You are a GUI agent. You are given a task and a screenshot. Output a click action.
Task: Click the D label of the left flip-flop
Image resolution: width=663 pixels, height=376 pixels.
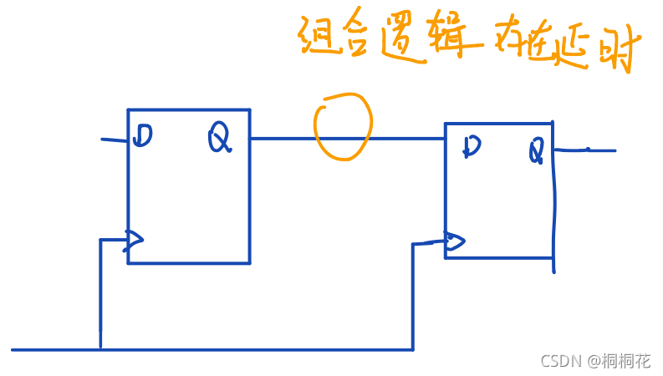pyautogui.click(x=143, y=135)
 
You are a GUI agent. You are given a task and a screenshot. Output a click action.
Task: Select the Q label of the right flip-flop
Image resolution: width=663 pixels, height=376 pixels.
pyautogui.click(x=536, y=151)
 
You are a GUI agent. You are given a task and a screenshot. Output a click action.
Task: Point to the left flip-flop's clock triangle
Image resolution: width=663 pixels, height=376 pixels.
pyautogui.click(x=133, y=241)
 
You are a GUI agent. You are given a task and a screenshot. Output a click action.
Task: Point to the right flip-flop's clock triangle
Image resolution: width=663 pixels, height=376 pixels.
pyautogui.click(x=454, y=242)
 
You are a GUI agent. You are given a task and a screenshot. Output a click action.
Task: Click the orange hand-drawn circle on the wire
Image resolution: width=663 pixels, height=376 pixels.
pyautogui.click(x=342, y=126)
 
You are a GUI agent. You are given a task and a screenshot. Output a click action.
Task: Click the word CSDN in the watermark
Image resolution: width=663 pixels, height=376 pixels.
pyautogui.click(x=561, y=361)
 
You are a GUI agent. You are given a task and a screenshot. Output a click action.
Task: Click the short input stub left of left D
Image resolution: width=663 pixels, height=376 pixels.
pyautogui.click(x=115, y=140)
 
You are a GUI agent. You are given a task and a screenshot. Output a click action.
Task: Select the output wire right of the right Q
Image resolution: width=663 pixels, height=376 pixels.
pyautogui.click(x=587, y=150)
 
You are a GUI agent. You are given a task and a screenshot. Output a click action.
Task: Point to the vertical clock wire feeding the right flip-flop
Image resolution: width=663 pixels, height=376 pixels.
pyautogui.click(x=413, y=297)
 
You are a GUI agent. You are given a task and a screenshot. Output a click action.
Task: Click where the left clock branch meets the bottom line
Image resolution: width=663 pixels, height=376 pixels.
pyautogui.click(x=100, y=348)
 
